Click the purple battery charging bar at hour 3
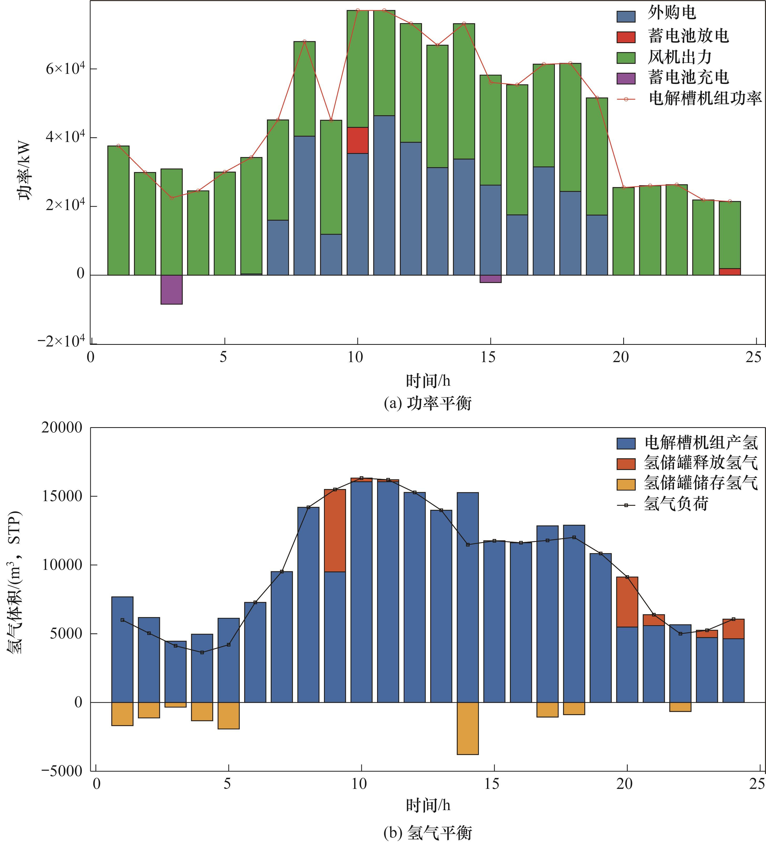point(171,289)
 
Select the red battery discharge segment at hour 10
point(358,140)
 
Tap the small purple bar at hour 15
point(490,279)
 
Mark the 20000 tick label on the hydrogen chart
point(62,428)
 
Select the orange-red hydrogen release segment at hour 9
point(335,530)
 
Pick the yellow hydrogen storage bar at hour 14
point(468,728)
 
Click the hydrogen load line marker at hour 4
point(202,652)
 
